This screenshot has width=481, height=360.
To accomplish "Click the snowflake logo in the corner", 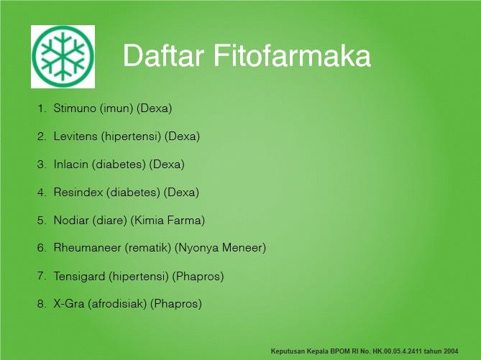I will [x=63, y=57].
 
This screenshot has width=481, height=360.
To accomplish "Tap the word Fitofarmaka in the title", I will [x=290, y=55].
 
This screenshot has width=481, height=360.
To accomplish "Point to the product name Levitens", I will [x=75, y=136].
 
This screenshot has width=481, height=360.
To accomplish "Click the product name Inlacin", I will [x=71, y=164].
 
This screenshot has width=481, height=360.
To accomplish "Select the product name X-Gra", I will [x=69, y=304].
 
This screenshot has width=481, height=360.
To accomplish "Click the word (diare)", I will [x=111, y=220].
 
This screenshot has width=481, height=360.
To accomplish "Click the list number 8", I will [x=41, y=304].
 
